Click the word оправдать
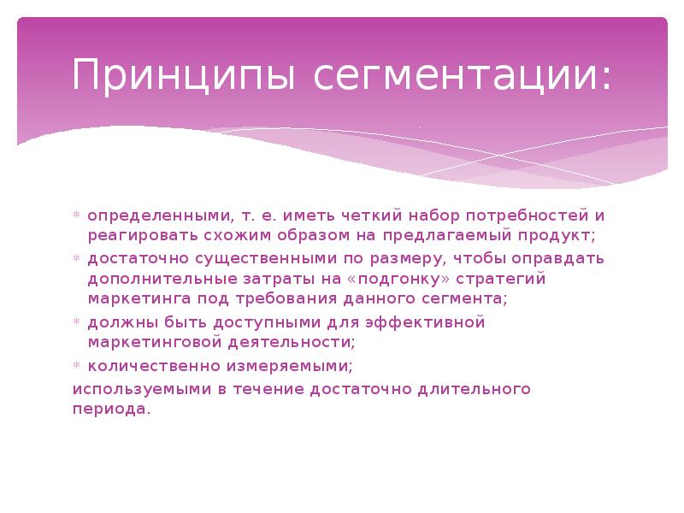[557, 258]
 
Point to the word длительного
[475, 389]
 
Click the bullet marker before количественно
[76, 366]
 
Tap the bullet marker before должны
[76, 322]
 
